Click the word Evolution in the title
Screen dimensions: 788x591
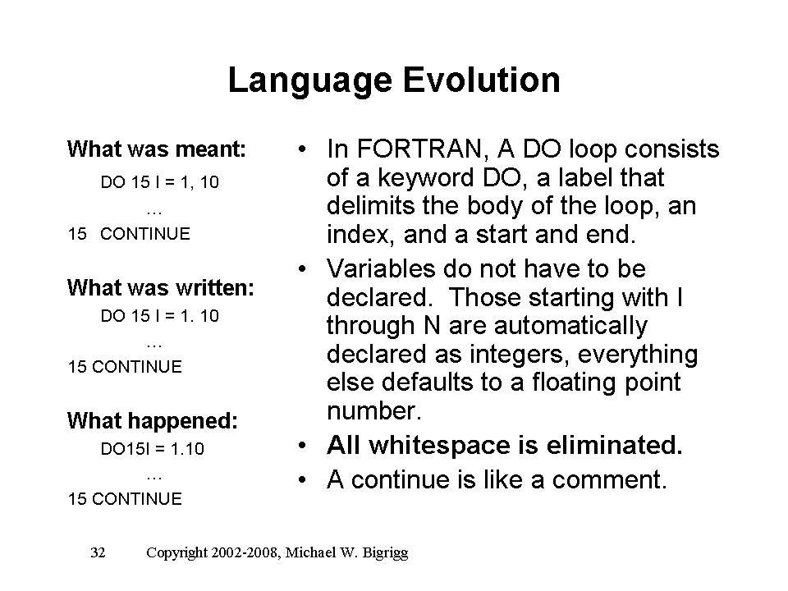tap(482, 80)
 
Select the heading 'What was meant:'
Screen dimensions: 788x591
tap(157, 149)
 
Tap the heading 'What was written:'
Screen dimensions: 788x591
tap(161, 288)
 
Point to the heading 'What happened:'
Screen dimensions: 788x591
tap(153, 421)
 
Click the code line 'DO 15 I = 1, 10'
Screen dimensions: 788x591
tap(160, 182)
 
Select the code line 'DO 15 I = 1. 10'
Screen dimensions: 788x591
tap(160, 315)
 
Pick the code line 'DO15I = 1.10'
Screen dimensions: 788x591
tap(153, 448)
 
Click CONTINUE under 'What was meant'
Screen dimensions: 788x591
tap(145, 234)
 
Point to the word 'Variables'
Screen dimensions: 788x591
tap(380, 268)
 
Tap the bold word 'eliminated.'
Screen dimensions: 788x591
tap(614, 445)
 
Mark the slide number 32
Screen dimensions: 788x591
tap(98, 552)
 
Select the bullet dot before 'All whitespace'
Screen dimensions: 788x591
tap(301, 446)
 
